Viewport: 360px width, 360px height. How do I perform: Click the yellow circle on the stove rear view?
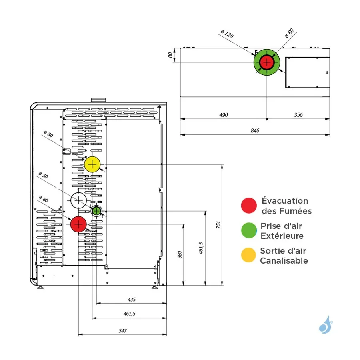coord(92,164)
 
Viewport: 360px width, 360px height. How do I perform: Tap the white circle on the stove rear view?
coord(79,200)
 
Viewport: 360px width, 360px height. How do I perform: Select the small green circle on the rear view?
coord(96,211)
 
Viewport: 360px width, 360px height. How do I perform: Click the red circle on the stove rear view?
coord(79,224)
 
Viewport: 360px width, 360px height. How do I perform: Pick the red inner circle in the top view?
coord(267,62)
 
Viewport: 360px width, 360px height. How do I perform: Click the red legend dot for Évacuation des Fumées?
coord(249,206)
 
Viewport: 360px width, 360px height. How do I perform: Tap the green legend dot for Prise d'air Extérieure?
coord(249,230)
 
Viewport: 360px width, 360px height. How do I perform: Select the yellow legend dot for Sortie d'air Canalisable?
coord(249,255)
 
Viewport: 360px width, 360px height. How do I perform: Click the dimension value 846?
coord(255,131)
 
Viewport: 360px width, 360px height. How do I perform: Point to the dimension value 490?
coord(224,115)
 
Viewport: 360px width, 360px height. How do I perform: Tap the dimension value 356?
coord(298,115)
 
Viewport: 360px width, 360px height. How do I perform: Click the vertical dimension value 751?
coord(218,225)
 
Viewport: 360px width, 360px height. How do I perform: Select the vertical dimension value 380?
coord(180,254)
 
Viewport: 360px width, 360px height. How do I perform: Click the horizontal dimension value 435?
coord(132,299)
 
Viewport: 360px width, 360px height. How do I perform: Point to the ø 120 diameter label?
coord(227,34)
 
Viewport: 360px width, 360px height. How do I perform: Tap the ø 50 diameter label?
coord(43,176)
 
